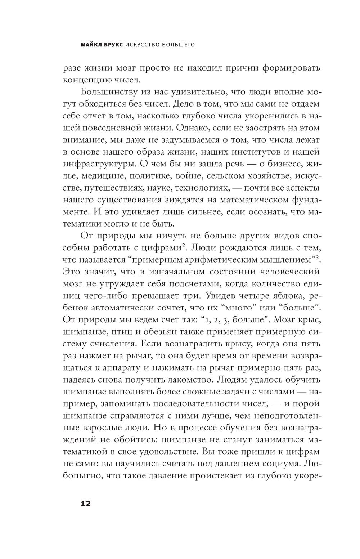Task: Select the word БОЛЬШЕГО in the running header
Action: (x=177, y=45)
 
